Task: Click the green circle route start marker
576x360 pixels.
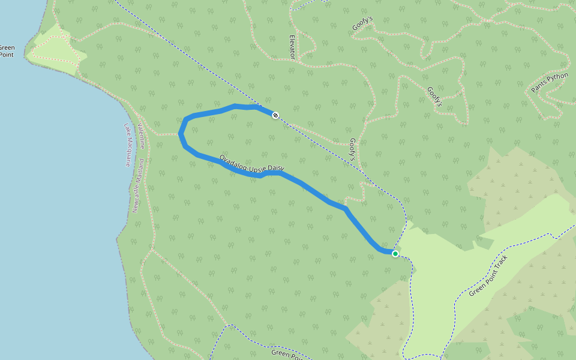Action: click(x=395, y=254)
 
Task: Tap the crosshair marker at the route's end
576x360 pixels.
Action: click(x=275, y=115)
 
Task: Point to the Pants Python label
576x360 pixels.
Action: click(x=550, y=83)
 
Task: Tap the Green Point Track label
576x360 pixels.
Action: click(x=488, y=276)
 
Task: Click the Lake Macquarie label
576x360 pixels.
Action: click(x=128, y=145)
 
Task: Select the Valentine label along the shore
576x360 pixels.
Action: click(x=142, y=136)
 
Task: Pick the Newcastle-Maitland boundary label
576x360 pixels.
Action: click(x=139, y=186)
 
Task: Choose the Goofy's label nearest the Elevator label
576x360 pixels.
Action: click(x=362, y=28)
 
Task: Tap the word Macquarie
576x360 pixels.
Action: click(x=128, y=152)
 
